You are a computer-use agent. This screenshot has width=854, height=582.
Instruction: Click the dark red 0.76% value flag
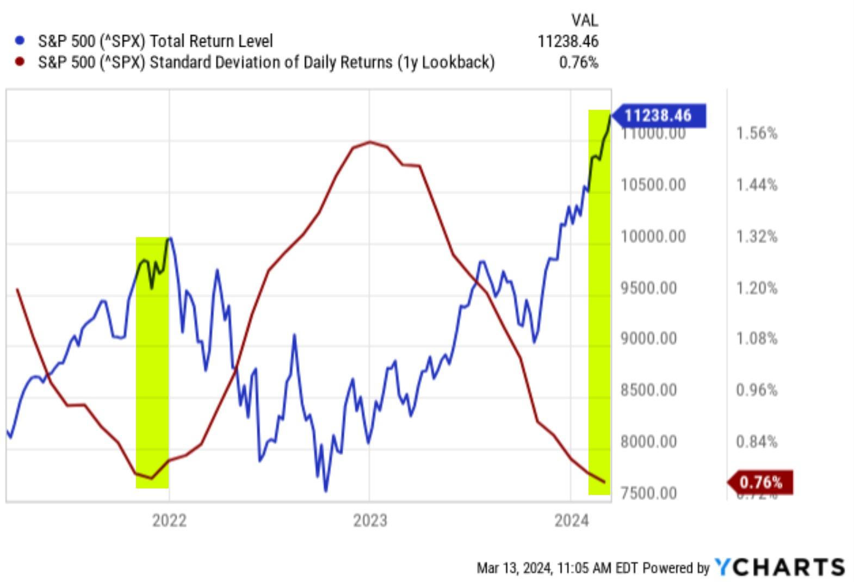761,482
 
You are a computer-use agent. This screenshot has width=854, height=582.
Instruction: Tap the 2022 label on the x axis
169,521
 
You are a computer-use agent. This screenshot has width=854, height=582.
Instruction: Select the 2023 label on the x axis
370,521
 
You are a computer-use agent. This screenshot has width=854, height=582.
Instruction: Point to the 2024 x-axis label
571,521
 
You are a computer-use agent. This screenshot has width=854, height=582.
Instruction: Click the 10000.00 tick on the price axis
653,237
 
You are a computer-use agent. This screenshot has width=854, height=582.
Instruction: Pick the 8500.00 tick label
649,390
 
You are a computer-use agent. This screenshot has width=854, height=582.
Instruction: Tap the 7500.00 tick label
649,493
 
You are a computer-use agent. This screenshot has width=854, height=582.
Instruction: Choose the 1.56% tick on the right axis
757,133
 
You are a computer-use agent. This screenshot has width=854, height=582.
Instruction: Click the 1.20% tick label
757,288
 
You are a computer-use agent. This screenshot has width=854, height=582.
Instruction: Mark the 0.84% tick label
757,442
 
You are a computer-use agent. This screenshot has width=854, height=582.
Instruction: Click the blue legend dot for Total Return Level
20,41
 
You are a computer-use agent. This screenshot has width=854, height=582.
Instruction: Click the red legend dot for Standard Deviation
20,61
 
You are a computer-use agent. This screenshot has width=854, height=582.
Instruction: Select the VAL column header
584,21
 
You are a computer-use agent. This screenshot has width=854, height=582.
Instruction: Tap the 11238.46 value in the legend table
568,41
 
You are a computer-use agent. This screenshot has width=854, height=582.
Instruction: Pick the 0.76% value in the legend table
578,62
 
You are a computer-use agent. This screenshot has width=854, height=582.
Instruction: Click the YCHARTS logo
779,567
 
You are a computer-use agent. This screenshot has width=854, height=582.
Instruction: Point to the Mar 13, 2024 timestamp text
544,568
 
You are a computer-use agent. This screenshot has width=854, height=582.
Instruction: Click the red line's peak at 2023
370,142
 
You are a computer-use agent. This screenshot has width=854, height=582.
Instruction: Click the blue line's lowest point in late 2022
325,491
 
